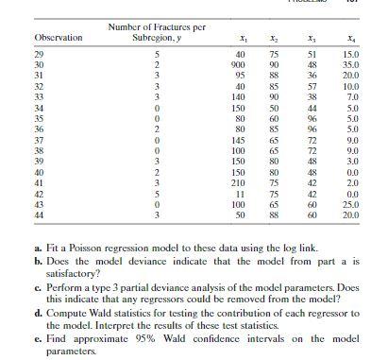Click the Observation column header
coord(59,38)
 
